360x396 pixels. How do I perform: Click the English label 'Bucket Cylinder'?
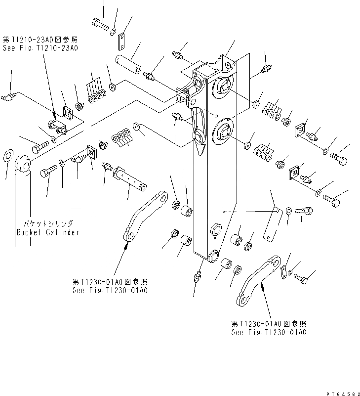[x=47, y=232]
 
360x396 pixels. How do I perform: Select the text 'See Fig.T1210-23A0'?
[x=40, y=48]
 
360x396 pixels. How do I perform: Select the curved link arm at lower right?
[x=258, y=282]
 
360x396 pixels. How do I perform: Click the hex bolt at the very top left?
[x=99, y=22]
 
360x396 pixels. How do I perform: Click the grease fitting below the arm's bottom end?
[x=198, y=276]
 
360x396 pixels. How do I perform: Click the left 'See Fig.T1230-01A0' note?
[x=110, y=286]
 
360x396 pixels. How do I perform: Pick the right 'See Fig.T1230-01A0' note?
[x=269, y=328]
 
